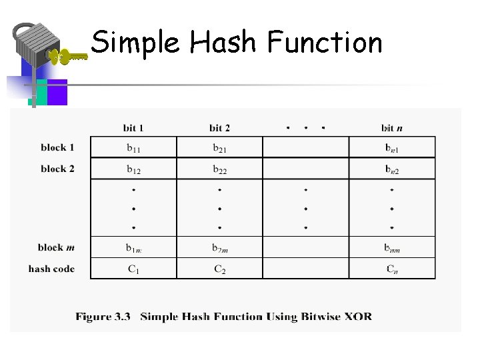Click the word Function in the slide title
325,43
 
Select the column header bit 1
133,127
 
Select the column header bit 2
219,127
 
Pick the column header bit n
391,127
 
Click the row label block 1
57,147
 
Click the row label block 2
57,169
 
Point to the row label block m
56,247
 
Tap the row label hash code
51,269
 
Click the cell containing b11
133,148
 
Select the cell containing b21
219,148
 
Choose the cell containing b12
133,169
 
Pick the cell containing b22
219,169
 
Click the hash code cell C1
133,269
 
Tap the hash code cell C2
219,269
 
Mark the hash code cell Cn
392,269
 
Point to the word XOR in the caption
358,317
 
